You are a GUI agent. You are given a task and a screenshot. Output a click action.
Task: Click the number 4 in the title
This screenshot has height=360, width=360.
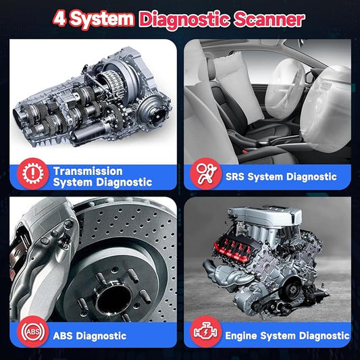(61, 19)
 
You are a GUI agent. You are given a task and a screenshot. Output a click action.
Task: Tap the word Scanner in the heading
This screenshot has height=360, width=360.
(269, 20)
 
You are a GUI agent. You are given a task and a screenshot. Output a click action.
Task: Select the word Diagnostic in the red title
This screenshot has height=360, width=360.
(184, 20)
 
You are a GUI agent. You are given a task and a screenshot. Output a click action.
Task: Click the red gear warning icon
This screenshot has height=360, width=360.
(33, 174)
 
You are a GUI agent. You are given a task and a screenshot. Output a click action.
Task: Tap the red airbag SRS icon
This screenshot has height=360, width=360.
(206, 174)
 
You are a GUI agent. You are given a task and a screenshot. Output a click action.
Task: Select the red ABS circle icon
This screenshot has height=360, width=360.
(33, 332)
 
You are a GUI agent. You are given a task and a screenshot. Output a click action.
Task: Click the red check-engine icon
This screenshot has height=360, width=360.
(206, 332)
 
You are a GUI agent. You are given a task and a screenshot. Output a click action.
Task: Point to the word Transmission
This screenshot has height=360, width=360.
(88, 172)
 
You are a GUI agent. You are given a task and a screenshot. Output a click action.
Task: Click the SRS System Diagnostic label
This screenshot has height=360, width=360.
(281, 176)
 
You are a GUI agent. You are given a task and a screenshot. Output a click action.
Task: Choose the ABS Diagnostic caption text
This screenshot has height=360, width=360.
(90, 336)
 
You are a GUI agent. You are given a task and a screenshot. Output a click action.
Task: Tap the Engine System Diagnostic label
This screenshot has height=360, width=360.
(287, 336)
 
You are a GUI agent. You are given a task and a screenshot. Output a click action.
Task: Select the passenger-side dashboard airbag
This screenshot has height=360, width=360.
(326, 110)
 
